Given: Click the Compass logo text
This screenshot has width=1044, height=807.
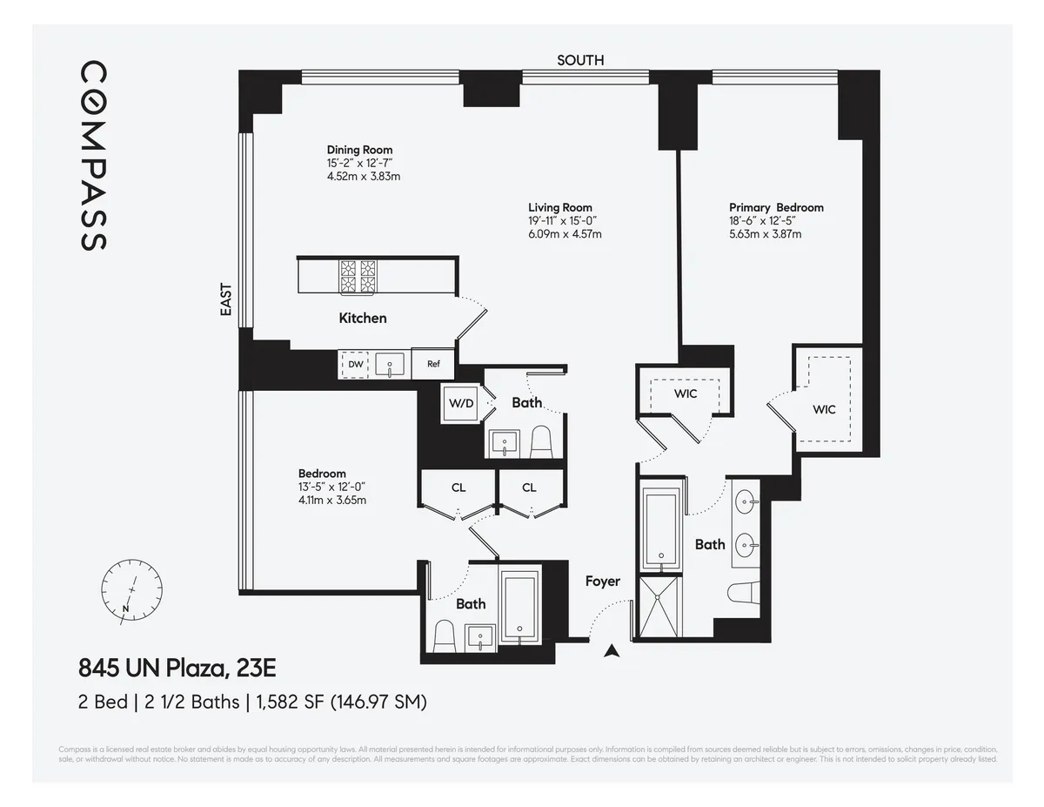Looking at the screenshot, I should [x=94, y=156].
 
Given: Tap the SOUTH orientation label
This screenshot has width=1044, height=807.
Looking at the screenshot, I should [x=580, y=60].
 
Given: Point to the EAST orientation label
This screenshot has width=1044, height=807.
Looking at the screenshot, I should [x=226, y=299].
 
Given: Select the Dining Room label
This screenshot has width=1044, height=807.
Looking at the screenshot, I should [x=359, y=150].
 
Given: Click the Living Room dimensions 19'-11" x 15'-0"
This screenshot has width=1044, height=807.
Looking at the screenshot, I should [x=563, y=221].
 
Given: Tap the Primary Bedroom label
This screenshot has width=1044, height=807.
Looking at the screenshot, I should [x=776, y=207].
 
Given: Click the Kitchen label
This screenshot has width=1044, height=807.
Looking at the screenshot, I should [x=363, y=318].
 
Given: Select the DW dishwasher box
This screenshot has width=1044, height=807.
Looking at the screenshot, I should [x=356, y=365].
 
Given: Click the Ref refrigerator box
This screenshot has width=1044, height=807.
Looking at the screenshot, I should [x=432, y=365].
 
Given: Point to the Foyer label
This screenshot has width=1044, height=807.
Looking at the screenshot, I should [x=602, y=581].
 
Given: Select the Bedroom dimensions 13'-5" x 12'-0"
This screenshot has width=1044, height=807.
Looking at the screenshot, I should [x=332, y=487].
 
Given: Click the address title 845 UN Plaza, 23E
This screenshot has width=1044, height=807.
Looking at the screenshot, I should [x=177, y=669].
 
